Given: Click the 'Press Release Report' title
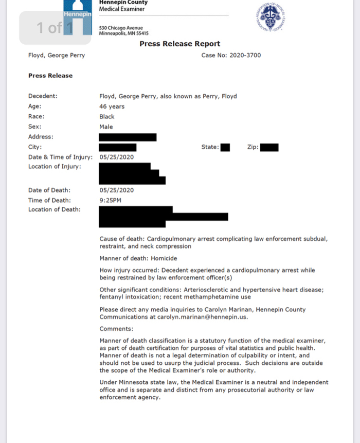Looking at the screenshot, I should [179, 44].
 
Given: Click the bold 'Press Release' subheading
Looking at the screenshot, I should [50, 76].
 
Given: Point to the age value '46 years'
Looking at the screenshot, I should [112, 107].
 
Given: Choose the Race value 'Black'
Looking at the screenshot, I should [107, 117].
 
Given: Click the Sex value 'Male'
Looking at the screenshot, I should [106, 127].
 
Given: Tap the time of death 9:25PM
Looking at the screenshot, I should [110, 200].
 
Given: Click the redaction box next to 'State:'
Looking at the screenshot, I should [225, 147].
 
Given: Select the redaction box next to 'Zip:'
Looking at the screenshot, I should [269, 147].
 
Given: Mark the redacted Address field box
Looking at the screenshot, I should [128, 137].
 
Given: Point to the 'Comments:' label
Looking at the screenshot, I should [116, 329].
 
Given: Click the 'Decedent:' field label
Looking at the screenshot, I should [43, 96].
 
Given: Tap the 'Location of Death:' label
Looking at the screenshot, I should [54, 209].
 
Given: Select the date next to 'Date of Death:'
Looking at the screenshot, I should [116, 190].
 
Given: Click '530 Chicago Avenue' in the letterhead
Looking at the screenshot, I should [121, 28].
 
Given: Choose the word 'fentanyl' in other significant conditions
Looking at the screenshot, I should [112, 297].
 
